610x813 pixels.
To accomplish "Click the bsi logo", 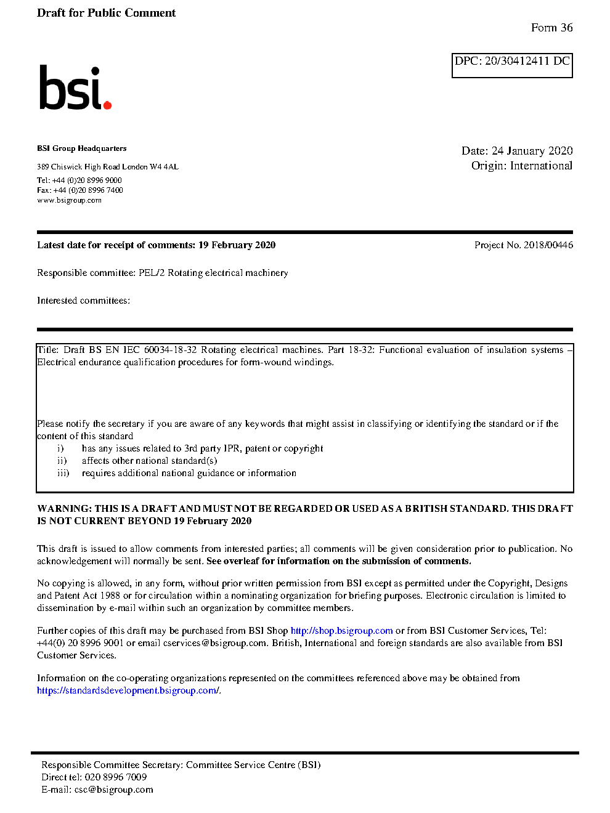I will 75,88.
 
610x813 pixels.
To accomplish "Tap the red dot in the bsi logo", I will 107,105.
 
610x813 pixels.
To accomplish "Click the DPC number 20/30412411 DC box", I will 512,65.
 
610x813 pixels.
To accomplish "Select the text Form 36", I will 551,28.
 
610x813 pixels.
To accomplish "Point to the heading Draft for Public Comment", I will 106,13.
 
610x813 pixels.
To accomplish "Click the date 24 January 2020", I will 532,151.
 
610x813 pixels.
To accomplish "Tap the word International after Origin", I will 541,166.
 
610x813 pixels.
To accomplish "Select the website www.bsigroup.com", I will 69,200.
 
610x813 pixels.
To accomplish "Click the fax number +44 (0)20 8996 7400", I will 88,190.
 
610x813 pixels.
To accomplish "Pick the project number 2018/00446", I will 548,245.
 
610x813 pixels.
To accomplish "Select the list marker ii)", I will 62,461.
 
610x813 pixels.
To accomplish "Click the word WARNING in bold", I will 64,509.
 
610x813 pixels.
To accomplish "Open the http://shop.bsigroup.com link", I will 341,631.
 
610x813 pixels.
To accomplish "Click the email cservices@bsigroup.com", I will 215,643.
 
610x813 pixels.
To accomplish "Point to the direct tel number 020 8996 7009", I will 115,777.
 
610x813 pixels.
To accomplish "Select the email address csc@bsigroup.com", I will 113,790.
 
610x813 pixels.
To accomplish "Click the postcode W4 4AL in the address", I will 164,167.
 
